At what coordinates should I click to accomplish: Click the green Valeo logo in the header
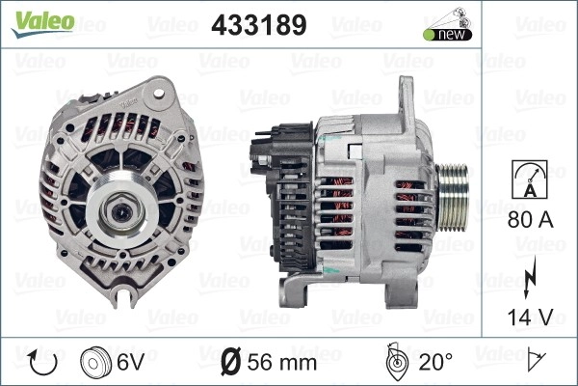coord(42,23)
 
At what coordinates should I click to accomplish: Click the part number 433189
coord(259,25)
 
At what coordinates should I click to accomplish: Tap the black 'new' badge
coord(448,35)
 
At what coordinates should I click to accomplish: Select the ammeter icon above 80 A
coord(530,179)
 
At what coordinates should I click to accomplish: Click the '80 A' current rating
coord(531,220)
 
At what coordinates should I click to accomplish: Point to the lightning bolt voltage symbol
coord(530,278)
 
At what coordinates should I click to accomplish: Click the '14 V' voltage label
coord(531,317)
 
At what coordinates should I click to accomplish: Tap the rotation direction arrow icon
coord(42,363)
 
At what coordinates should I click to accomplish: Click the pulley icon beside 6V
coord(95,363)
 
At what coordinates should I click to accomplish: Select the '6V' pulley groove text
coord(130,362)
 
